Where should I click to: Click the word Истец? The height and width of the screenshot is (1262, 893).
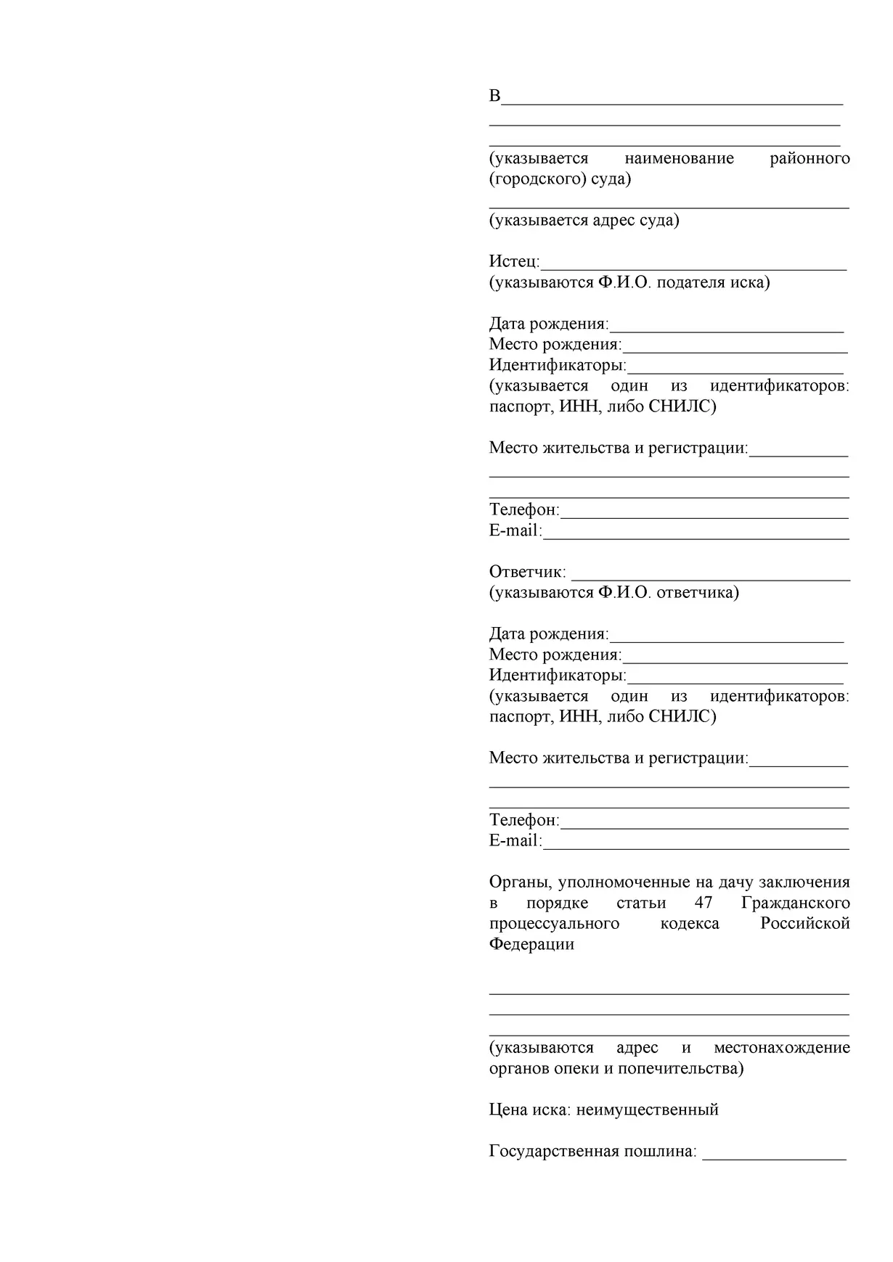point(513,261)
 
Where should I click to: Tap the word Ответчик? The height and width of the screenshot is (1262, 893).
point(526,572)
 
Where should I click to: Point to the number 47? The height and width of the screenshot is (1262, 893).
point(703,904)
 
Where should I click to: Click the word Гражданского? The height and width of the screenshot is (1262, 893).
point(796,904)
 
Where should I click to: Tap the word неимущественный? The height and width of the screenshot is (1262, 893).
point(647,1110)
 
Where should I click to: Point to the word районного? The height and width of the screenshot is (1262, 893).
point(810,158)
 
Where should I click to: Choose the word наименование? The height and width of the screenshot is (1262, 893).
point(679,158)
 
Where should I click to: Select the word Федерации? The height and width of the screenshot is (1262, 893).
point(531,945)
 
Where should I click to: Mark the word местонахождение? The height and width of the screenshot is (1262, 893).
point(781,1048)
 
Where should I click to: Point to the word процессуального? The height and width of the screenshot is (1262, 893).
point(554,924)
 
